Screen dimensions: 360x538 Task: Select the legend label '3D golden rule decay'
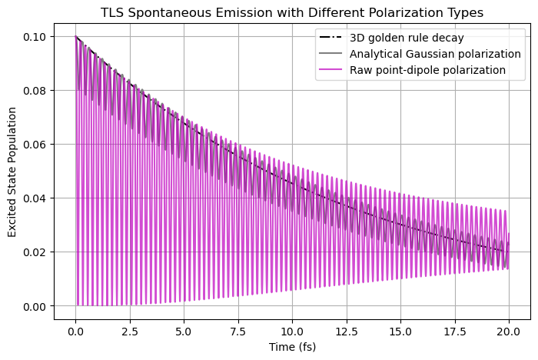point(407,38)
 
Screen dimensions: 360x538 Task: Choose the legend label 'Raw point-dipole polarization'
point(427,70)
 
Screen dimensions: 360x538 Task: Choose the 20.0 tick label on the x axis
point(508,330)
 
